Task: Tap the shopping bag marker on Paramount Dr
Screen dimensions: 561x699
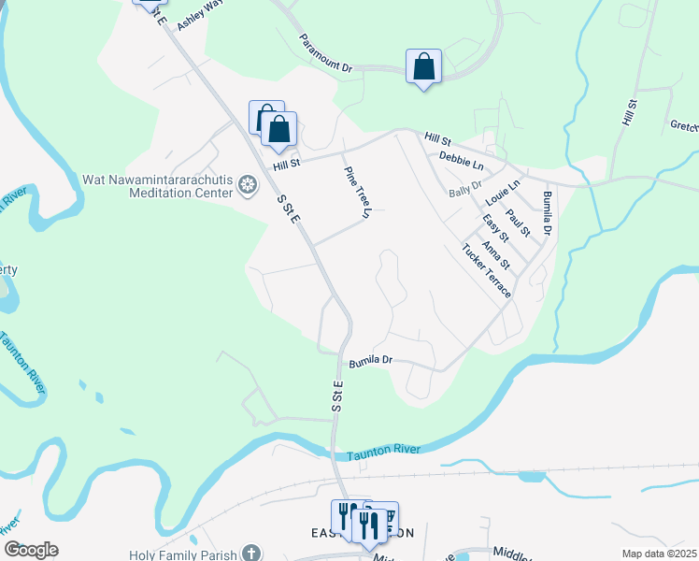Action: coord(423,67)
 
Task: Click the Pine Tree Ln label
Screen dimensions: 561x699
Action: coord(358,193)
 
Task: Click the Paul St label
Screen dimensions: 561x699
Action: coord(518,223)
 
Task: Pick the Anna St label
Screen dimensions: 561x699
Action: coord(497,252)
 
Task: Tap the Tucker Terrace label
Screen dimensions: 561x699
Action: coord(486,270)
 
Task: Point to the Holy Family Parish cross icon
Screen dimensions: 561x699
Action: coord(250,553)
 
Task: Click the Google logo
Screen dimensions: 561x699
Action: coord(31,550)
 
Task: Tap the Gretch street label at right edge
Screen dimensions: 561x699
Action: coord(684,125)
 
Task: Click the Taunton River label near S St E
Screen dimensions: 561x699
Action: coord(383,453)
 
